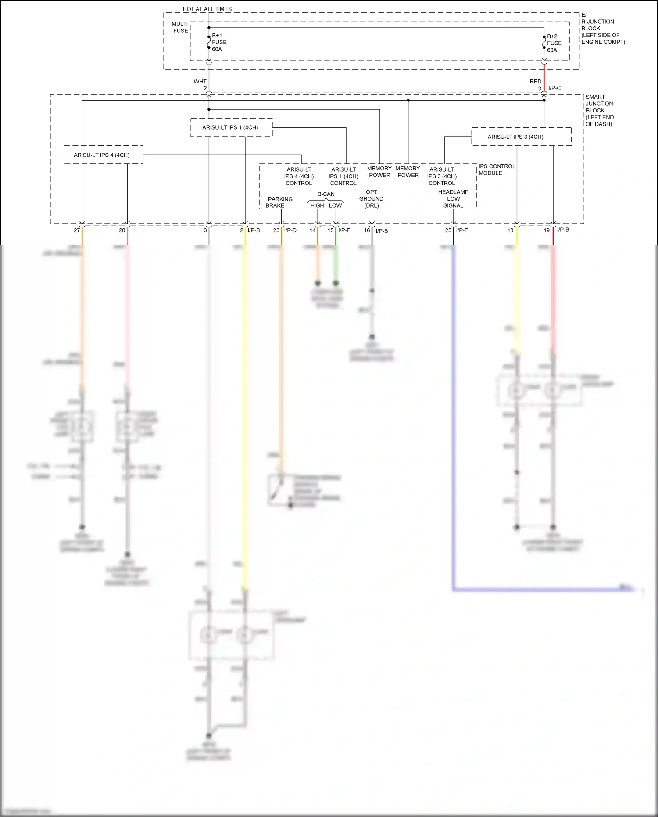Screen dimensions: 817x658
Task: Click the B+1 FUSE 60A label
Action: pos(219,43)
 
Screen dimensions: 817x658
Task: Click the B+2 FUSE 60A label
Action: pos(554,43)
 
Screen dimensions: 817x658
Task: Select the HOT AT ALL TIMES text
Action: pos(207,9)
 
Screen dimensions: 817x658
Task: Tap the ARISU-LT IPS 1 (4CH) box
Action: pos(231,127)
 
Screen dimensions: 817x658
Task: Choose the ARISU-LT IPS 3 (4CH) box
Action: pos(521,137)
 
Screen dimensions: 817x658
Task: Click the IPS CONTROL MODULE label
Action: pos(496,169)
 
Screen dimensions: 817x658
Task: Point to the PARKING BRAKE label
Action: pos(279,202)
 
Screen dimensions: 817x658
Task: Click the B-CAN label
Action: pos(326,194)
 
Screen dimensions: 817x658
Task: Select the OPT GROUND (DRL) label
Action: pos(371,198)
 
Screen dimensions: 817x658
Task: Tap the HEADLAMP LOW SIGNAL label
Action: pos(453,198)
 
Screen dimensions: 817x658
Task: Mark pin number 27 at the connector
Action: pos(77,230)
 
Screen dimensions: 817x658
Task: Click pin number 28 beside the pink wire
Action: pos(122,230)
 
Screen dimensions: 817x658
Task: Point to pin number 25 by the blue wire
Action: pos(448,230)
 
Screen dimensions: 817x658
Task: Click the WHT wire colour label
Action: pos(200,82)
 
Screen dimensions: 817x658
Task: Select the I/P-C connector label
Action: pos(554,88)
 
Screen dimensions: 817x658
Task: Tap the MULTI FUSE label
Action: pos(180,27)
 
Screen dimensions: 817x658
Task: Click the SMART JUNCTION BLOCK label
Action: pos(599,110)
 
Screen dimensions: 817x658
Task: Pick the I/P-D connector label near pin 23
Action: pos(290,230)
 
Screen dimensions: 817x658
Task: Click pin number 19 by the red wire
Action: pos(547,230)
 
